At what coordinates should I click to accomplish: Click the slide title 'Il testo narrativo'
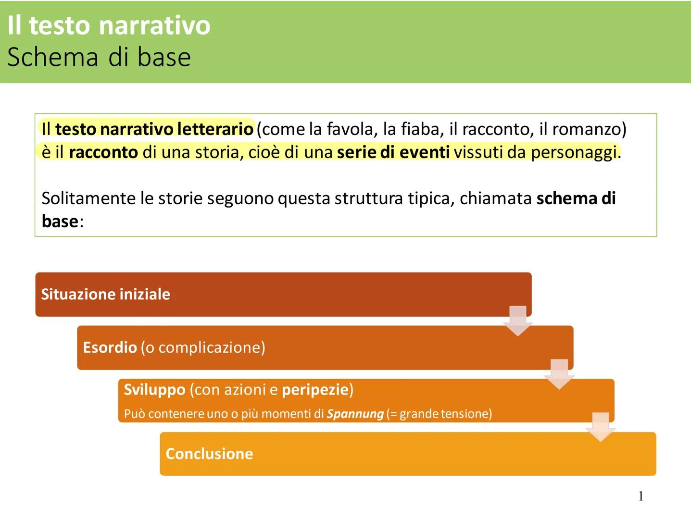pyautogui.click(x=109, y=25)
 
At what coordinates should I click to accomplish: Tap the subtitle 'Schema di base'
pyautogui.click(x=99, y=57)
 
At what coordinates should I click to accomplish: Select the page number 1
pyautogui.click(x=641, y=496)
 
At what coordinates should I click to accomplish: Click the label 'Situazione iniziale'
pyautogui.click(x=105, y=294)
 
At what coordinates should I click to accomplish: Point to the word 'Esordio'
pyautogui.click(x=110, y=347)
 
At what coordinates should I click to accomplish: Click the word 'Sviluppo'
pyautogui.click(x=154, y=389)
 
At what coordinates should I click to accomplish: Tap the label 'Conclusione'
pyautogui.click(x=209, y=454)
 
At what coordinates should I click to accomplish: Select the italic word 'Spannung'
pyautogui.click(x=355, y=414)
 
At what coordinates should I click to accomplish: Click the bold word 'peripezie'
pyautogui.click(x=315, y=389)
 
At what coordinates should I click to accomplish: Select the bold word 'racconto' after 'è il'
pyautogui.click(x=103, y=152)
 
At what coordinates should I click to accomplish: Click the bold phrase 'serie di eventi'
pyautogui.click(x=393, y=152)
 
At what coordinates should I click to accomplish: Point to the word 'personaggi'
pyautogui.click(x=574, y=152)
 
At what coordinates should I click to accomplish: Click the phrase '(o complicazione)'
pyautogui.click(x=202, y=347)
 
